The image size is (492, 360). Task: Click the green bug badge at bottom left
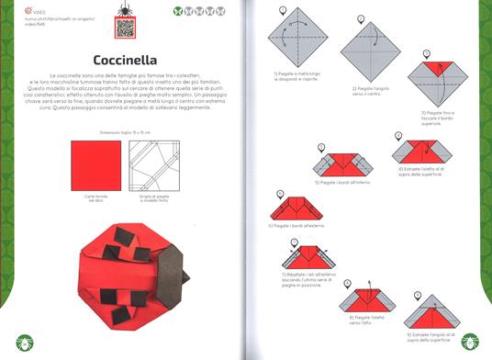pyautogui.click(x=21, y=341)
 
